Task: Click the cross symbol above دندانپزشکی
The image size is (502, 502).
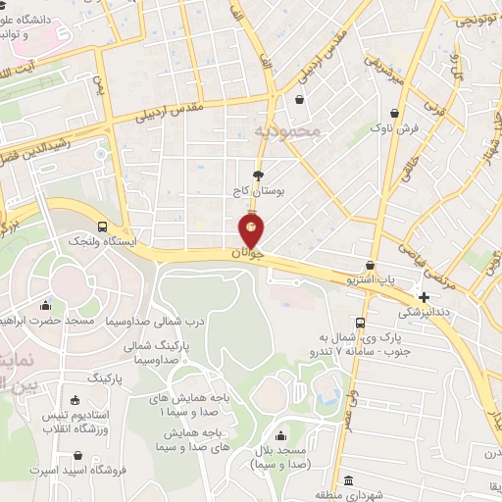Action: (424, 296)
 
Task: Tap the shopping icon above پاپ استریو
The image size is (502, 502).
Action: (370, 265)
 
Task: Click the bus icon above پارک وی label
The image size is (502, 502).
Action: (361, 322)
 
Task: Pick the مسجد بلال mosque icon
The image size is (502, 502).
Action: (282, 436)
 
